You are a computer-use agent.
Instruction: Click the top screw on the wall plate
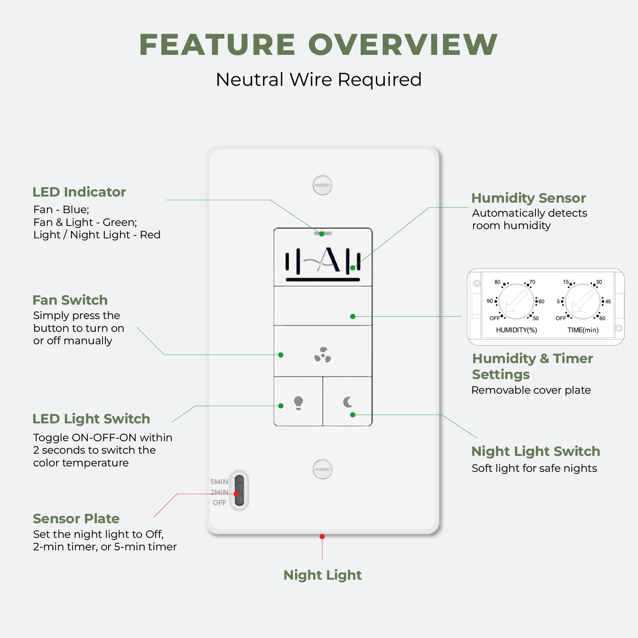pyautogui.click(x=322, y=185)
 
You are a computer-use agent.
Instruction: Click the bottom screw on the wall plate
pyautogui.click(x=322, y=469)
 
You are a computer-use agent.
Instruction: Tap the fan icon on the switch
pyautogui.click(x=323, y=355)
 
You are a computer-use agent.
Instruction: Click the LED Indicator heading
pyautogui.click(x=79, y=192)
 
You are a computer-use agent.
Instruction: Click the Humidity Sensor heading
pyautogui.click(x=528, y=198)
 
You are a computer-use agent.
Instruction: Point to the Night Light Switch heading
pyautogui.click(x=535, y=451)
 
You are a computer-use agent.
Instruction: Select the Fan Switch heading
pyautogui.click(x=70, y=300)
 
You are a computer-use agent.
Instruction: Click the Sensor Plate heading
pyautogui.click(x=76, y=518)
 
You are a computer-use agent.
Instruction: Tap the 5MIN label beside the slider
pyautogui.click(x=219, y=482)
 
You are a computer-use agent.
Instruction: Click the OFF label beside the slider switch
pyautogui.click(x=219, y=503)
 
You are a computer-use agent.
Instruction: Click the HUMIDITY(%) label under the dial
pyautogui.click(x=516, y=330)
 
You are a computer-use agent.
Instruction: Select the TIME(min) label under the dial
pyautogui.click(x=583, y=330)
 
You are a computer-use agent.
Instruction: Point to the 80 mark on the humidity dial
pyautogui.click(x=497, y=282)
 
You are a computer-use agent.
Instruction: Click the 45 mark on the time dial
pyautogui.click(x=608, y=301)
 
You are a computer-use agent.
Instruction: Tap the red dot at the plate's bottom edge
pyautogui.click(x=322, y=537)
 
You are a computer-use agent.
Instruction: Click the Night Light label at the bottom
pyautogui.click(x=322, y=575)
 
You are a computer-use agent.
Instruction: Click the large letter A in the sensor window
pyautogui.click(x=330, y=260)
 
